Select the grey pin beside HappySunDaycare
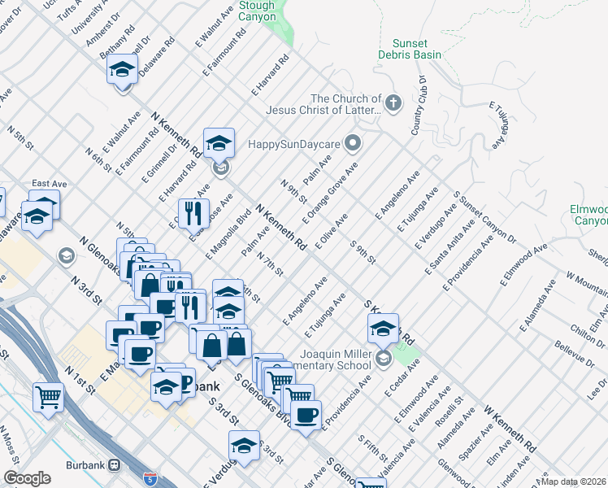[x=352, y=144]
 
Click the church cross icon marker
[x=393, y=102]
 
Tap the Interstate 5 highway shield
[x=150, y=478]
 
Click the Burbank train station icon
[x=115, y=465]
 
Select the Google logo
[x=27, y=478]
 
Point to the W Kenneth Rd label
[x=510, y=425]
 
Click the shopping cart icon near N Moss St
[x=49, y=397]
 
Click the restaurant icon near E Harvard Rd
[x=193, y=212]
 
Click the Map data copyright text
[x=574, y=481]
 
